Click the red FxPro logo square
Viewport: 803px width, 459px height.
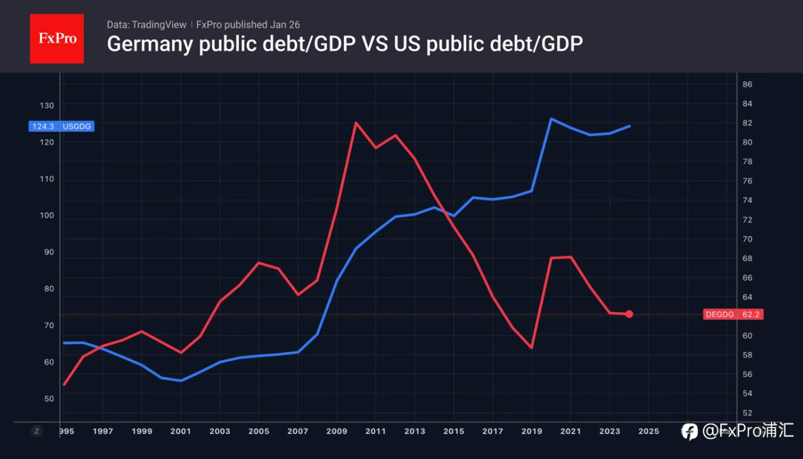(x=56, y=38)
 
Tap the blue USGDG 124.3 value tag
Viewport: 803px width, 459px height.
(x=61, y=126)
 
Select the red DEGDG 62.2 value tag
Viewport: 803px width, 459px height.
(x=733, y=314)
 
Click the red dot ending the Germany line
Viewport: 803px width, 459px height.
(x=629, y=314)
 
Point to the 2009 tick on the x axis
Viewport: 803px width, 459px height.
(x=337, y=431)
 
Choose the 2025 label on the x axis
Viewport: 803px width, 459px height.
(x=649, y=431)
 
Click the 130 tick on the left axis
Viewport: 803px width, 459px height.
(x=48, y=105)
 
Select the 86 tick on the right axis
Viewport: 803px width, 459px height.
(x=748, y=85)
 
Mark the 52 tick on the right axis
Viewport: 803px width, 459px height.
(x=748, y=413)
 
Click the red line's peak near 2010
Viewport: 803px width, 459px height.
(x=356, y=122)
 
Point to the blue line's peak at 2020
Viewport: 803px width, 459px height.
(x=551, y=119)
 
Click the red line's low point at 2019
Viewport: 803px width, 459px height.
(x=532, y=347)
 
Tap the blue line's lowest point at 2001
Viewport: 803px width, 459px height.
(x=181, y=381)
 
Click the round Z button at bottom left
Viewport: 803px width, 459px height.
(x=36, y=431)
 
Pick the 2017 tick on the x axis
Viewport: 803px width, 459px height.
(x=492, y=431)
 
